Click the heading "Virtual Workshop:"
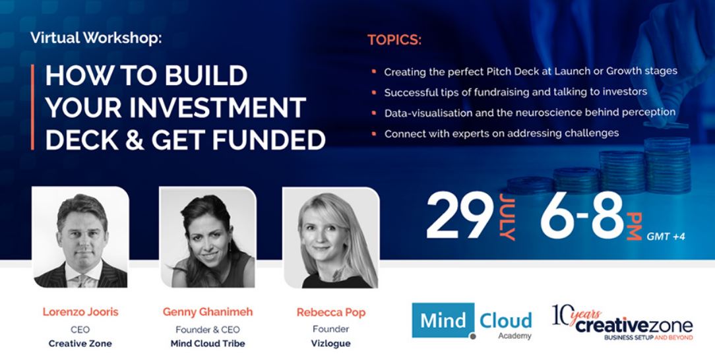(96, 38)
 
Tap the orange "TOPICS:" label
(394, 40)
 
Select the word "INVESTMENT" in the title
(218, 108)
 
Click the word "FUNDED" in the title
(268, 139)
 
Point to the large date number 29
(460, 215)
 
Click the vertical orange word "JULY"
(507, 216)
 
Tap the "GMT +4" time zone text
(666, 237)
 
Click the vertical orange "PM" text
(634, 225)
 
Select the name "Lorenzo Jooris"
(80, 312)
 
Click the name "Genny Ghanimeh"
(208, 312)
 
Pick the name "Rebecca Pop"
(331, 313)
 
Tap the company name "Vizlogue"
(331, 344)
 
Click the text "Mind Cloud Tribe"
(208, 344)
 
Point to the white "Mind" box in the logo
(443, 320)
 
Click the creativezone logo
(623, 322)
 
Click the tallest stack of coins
(667, 164)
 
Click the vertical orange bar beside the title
(33, 107)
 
